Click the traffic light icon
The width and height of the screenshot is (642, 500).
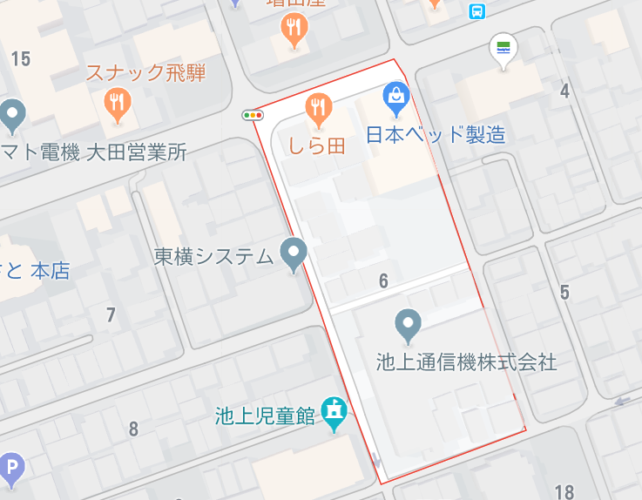[253, 115]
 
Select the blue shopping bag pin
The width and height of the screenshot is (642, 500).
[395, 98]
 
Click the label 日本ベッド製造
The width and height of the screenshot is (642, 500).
[435, 135]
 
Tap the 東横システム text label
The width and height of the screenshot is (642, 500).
[213, 256]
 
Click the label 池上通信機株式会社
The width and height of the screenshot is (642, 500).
[466, 361]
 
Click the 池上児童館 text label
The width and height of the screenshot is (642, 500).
[265, 416]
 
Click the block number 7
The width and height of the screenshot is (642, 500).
[111, 315]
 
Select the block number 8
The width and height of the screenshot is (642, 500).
[133, 429]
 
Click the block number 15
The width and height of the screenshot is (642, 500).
[21, 58]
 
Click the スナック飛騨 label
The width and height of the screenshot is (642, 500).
[145, 73]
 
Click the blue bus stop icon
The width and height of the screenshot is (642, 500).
[476, 10]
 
